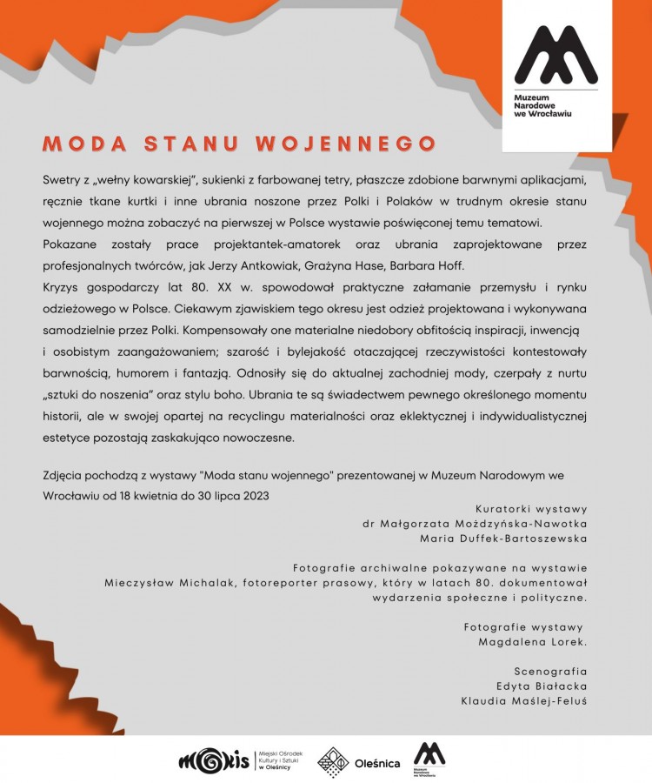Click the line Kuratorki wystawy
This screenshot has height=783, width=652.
click(x=531, y=508)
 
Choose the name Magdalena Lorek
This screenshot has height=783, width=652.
click(x=533, y=642)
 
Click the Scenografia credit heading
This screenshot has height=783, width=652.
click(x=550, y=671)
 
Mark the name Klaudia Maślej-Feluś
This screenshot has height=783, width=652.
click(x=524, y=700)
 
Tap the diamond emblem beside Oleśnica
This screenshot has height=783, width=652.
click(x=333, y=762)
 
